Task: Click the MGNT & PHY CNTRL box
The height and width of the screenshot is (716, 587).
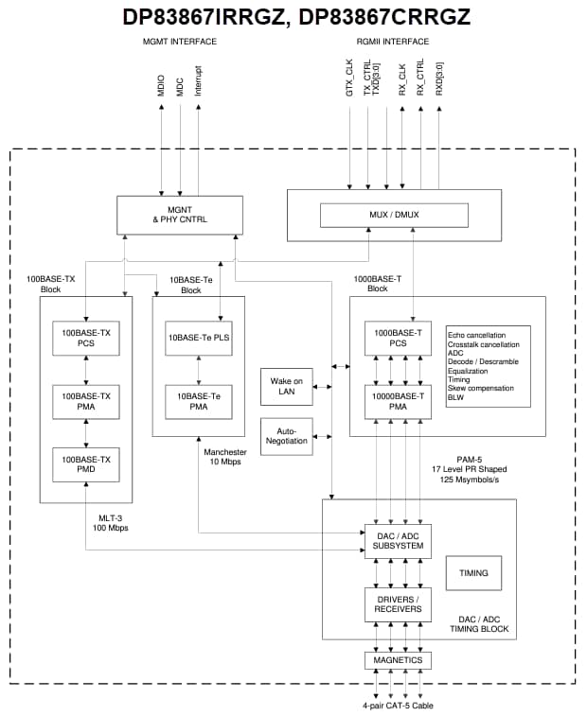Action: point(179,215)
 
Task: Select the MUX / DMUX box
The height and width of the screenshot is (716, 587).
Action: point(394,215)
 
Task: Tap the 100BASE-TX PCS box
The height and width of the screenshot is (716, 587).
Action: point(86,339)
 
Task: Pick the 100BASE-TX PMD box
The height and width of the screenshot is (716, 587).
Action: point(86,463)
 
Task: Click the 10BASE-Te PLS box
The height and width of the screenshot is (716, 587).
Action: point(199,339)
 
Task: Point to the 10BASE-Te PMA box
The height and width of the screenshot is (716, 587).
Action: point(199,401)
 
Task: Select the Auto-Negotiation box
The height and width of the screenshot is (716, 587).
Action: point(286,435)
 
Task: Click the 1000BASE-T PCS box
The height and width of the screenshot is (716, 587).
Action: point(398,339)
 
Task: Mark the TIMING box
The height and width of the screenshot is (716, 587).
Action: point(473,572)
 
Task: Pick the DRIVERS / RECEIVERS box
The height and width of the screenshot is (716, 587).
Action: point(398,604)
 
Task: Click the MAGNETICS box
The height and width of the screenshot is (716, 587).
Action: point(398,659)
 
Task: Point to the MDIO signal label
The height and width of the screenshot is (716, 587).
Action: point(161,84)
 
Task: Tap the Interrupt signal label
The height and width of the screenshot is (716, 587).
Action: point(198,79)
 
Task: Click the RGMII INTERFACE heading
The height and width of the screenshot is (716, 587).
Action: point(393,42)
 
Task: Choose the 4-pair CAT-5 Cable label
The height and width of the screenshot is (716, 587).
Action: point(398,705)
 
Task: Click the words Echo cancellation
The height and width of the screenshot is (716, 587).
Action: point(476,335)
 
